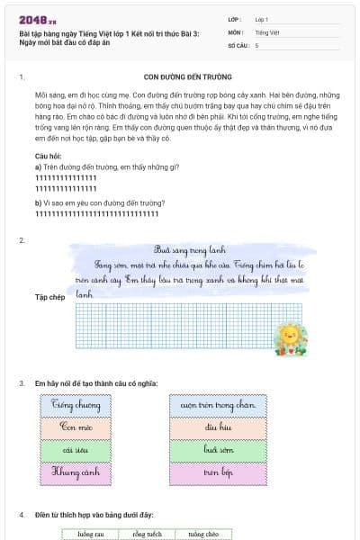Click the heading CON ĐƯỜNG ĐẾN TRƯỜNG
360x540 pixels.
tap(187, 77)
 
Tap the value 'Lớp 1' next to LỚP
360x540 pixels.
tap(262, 19)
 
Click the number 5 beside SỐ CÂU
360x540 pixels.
tap(256, 44)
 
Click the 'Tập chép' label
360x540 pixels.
tap(49, 296)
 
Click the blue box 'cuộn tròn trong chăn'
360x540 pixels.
tap(219, 405)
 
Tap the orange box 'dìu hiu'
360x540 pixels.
tap(219, 427)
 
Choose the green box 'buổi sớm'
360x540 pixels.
tap(219, 448)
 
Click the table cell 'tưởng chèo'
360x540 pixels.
tap(202, 534)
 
